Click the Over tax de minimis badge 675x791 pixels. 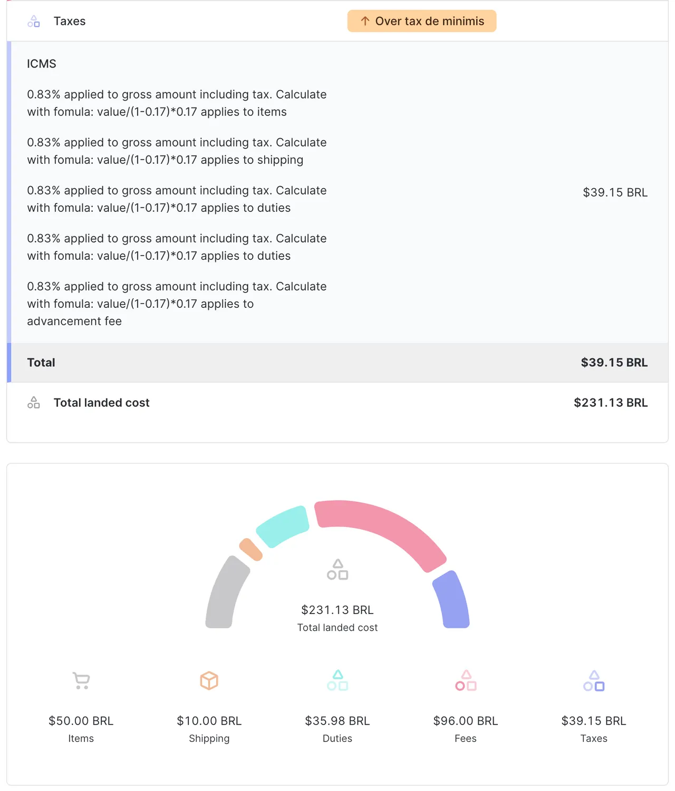(x=421, y=21)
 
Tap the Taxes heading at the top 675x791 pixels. (x=69, y=21)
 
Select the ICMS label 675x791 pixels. (x=42, y=64)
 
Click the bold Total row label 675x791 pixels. (x=41, y=363)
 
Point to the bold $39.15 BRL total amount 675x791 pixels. (x=614, y=363)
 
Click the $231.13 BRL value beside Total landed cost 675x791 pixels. (x=610, y=403)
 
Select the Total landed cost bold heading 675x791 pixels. (x=101, y=403)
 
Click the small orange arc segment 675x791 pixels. (x=250, y=550)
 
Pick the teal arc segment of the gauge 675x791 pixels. (x=283, y=526)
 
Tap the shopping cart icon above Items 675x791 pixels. (x=81, y=680)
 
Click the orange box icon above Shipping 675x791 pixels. (x=209, y=680)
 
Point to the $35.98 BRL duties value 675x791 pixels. (x=337, y=721)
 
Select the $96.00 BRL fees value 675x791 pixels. (x=466, y=721)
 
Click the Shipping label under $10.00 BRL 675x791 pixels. (x=209, y=739)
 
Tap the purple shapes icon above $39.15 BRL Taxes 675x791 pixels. (x=594, y=681)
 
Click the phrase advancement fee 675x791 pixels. (x=74, y=321)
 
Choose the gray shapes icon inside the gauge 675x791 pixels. (x=337, y=570)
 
